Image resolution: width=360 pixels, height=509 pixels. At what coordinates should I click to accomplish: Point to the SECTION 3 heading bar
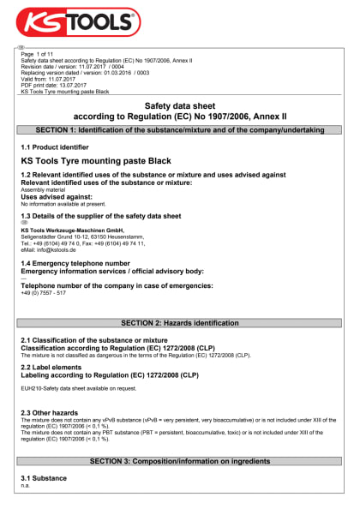click(180, 461)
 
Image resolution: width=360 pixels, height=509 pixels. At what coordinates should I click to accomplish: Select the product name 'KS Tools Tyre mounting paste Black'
click(96, 161)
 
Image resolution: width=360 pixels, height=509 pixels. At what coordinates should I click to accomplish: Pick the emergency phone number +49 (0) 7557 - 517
click(43, 292)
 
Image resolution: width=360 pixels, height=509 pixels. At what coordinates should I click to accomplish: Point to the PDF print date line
click(53, 85)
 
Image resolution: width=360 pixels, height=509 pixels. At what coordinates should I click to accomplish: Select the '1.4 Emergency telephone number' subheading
click(75, 263)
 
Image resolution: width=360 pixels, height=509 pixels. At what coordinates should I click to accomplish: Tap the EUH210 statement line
click(78, 387)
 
